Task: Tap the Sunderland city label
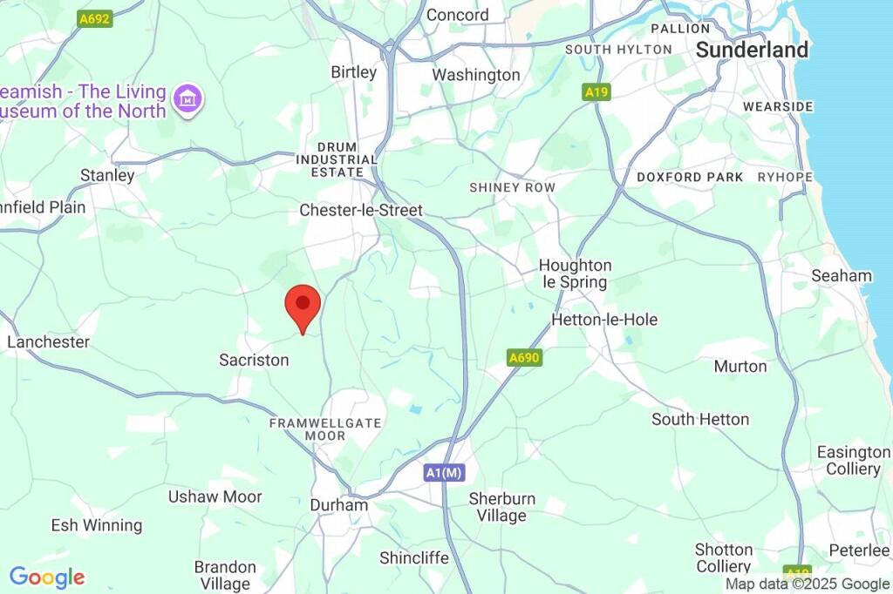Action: (x=752, y=51)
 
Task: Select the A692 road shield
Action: (x=95, y=18)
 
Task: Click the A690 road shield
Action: (x=524, y=357)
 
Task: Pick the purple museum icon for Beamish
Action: (x=187, y=99)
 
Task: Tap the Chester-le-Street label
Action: (x=360, y=210)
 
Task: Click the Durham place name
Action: (x=339, y=505)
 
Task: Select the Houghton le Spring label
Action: (x=575, y=273)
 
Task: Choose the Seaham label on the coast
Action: (x=841, y=276)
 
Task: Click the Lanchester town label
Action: (x=48, y=341)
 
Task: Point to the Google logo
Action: (x=47, y=577)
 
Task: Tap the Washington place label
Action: (x=476, y=75)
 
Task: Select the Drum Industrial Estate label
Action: (x=337, y=159)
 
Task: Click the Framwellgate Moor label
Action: (x=325, y=429)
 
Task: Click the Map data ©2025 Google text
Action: (x=808, y=584)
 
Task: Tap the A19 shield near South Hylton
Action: (x=596, y=91)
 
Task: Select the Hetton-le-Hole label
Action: (x=604, y=320)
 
